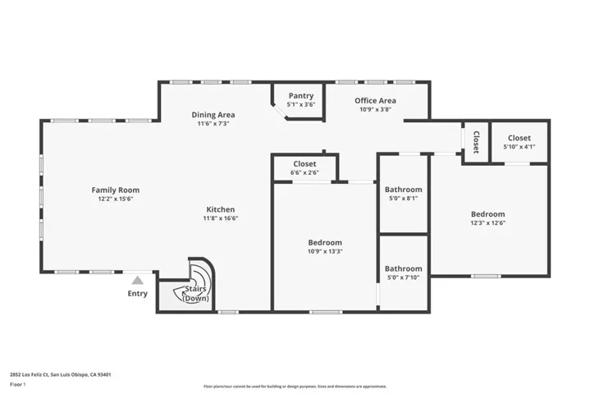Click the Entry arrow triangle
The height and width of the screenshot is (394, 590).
(138, 281)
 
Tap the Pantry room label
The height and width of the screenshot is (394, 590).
(301, 96)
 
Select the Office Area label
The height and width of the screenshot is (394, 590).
(375, 100)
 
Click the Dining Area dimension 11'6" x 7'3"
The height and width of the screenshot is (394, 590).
(213, 123)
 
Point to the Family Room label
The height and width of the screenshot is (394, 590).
(116, 190)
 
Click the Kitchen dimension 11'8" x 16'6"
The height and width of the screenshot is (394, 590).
(221, 218)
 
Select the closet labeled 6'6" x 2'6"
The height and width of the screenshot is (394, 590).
(304, 167)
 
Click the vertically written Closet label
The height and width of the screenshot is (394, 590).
(476, 142)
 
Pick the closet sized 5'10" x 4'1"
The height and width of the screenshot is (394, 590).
(519, 142)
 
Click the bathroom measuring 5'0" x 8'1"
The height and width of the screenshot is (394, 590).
(404, 194)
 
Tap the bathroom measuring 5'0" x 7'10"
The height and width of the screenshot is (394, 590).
(404, 273)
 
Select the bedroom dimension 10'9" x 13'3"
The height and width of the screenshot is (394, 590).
(325, 251)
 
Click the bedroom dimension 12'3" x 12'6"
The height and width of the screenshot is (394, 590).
(488, 222)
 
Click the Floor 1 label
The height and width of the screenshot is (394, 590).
(18, 385)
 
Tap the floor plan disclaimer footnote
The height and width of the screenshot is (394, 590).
(295, 387)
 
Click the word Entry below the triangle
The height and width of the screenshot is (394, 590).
(138, 294)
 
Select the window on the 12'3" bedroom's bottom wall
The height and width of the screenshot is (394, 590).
(486, 277)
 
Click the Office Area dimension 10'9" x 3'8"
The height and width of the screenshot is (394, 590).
(376, 109)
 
